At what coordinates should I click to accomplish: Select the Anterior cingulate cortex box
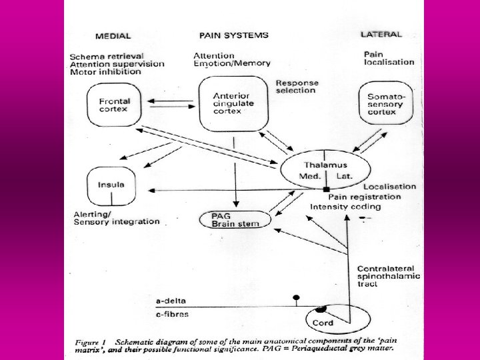(233, 103)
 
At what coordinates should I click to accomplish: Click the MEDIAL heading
(113, 36)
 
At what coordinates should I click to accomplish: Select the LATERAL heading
(381, 34)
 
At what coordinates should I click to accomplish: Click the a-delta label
(87, 301)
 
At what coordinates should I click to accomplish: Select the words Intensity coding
(339, 207)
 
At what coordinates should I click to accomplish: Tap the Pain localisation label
(389, 57)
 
